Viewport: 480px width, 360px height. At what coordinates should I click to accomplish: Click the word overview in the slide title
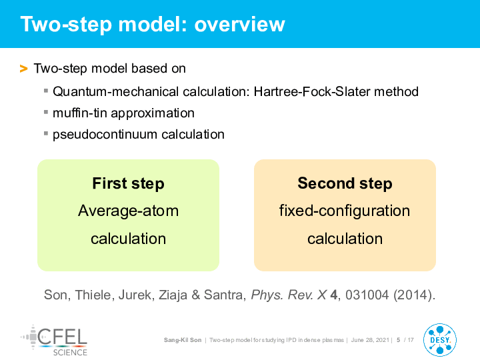pyautogui.click(x=240, y=24)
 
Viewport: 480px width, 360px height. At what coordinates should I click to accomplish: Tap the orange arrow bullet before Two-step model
pyautogui.click(x=23, y=69)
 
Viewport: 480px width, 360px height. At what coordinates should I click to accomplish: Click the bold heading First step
pyautogui.click(x=128, y=183)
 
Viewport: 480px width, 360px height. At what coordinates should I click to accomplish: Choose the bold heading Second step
pyautogui.click(x=345, y=183)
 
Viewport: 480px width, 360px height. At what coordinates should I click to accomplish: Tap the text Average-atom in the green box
pyautogui.click(x=128, y=211)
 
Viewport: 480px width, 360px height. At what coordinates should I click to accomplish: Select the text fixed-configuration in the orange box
pyautogui.click(x=345, y=211)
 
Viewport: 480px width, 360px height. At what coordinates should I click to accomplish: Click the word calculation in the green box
pyautogui.click(x=128, y=239)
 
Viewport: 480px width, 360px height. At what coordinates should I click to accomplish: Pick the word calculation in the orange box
pyautogui.click(x=345, y=239)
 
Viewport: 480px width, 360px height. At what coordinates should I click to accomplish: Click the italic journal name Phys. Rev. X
pyautogui.click(x=289, y=295)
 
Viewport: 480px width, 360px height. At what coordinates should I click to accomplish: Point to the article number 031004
pyautogui.click(x=367, y=295)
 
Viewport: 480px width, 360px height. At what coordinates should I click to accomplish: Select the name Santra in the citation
pyautogui.click(x=225, y=295)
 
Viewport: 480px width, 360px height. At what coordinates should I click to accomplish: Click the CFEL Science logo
pyautogui.click(x=54, y=341)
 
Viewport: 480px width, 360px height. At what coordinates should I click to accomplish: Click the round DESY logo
pyautogui.click(x=440, y=340)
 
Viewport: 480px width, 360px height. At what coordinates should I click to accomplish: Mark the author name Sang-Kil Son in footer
pyautogui.click(x=183, y=340)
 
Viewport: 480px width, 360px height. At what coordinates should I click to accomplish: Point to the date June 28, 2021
pyautogui.click(x=370, y=340)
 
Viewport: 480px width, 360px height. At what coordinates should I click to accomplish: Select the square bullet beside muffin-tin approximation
pyautogui.click(x=46, y=112)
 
